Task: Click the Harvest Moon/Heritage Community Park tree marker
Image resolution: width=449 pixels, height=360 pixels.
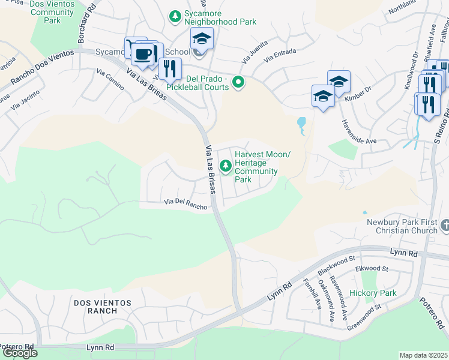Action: (x=226, y=165)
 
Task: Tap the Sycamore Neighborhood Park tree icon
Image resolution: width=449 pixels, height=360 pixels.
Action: (x=175, y=16)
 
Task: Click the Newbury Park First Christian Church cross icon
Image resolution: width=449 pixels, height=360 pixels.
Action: (x=444, y=226)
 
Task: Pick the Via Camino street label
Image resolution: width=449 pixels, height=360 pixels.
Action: (x=110, y=79)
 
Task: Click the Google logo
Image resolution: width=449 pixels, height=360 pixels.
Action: (x=20, y=353)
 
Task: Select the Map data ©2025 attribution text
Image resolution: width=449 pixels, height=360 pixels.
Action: (x=424, y=355)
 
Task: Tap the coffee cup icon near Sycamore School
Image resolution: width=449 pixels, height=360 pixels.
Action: (x=142, y=55)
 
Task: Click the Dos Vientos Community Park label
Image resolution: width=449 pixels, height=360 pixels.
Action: (x=53, y=12)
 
